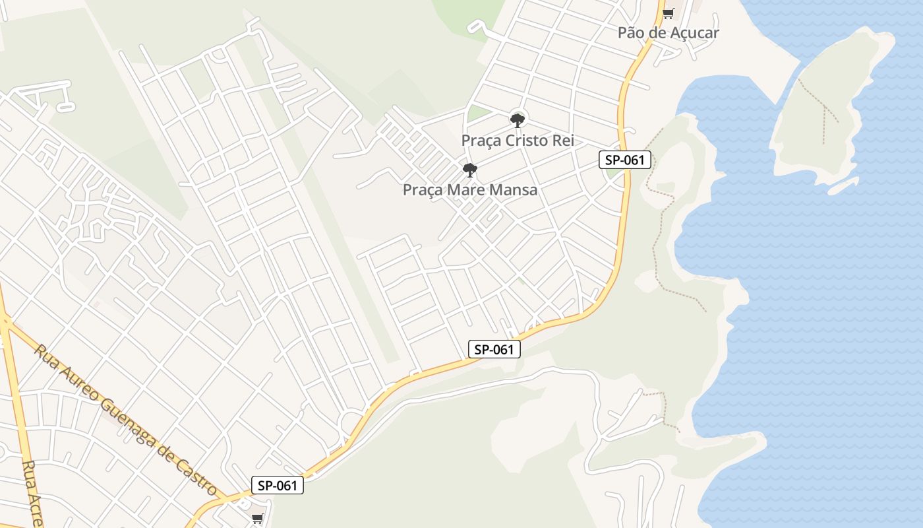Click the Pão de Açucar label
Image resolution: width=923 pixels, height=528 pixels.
668,32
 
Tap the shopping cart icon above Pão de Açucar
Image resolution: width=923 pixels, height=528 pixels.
668,13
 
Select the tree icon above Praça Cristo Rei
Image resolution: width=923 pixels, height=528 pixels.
518,120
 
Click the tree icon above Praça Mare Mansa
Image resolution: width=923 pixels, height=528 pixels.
469,170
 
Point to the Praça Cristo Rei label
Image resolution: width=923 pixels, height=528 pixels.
518,141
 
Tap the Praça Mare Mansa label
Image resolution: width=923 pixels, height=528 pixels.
469,190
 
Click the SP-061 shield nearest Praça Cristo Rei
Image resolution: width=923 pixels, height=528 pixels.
625,159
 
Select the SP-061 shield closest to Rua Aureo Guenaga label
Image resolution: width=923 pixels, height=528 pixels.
278,486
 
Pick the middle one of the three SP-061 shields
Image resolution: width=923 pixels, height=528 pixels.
494,349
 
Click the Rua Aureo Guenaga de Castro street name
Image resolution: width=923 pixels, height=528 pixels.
125,420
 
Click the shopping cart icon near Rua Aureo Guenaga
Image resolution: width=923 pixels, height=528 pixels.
257,518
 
